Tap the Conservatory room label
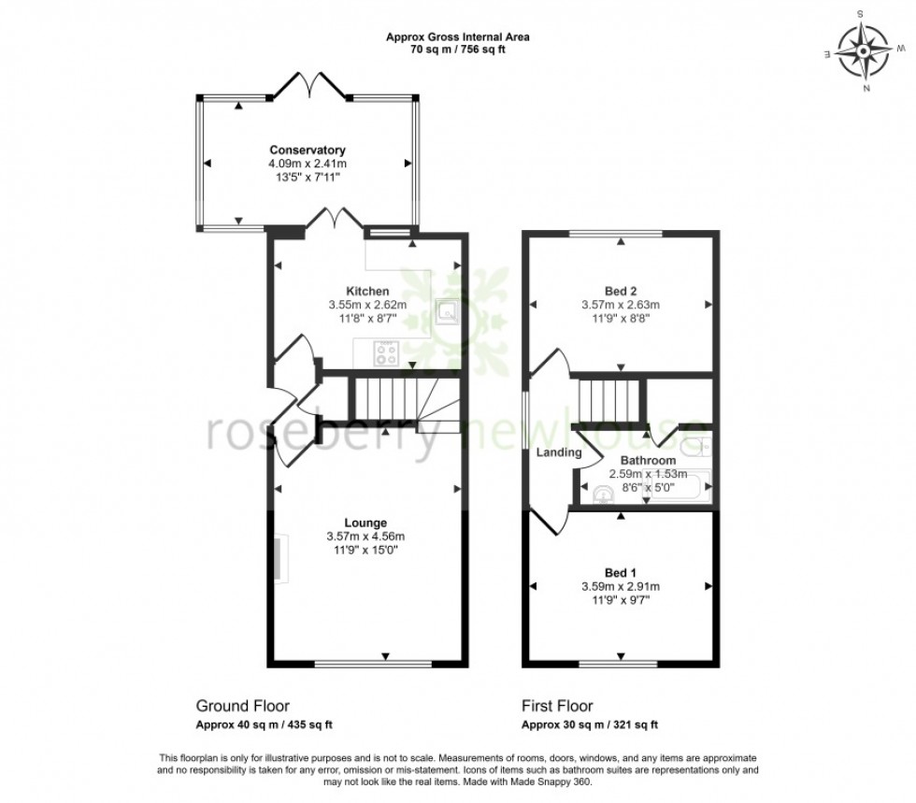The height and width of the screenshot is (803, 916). (x=308, y=151)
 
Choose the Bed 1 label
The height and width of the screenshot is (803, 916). (x=621, y=573)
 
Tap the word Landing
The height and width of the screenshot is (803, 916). (x=558, y=453)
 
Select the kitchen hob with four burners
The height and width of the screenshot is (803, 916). (x=386, y=353)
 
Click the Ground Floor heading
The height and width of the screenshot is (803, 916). (x=242, y=706)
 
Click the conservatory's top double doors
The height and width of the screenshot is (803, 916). (x=308, y=87)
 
